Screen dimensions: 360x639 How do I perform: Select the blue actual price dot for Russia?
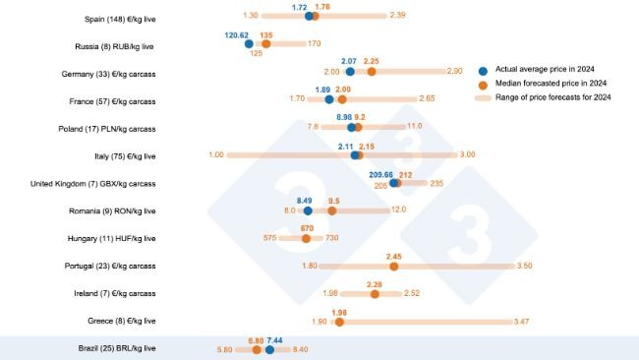tap(249, 43)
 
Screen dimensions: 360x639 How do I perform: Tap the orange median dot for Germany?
tap(371, 71)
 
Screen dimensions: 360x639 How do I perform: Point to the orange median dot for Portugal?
tap(394, 266)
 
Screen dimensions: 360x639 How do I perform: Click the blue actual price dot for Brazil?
tap(269, 348)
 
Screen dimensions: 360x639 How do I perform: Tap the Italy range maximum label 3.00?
tap(467, 154)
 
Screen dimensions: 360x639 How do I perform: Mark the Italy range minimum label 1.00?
tap(216, 154)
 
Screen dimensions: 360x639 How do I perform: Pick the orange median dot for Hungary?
tap(307, 237)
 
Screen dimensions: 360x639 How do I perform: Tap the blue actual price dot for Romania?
tap(308, 210)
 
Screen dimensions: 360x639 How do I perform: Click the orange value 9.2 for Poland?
tap(360, 117)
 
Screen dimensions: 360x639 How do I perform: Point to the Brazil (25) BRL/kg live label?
tap(116, 348)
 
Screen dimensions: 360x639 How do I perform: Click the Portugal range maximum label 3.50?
tap(524, 266)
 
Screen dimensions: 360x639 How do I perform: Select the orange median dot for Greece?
tap(339, 321)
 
